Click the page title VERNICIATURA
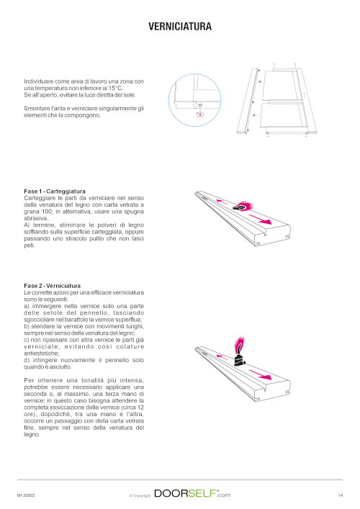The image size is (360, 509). point(180,27)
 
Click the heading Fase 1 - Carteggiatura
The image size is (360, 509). point(55,192)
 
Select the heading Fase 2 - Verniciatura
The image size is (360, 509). point(53,286)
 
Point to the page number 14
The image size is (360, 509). point(340,495)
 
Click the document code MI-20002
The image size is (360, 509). point(26,495)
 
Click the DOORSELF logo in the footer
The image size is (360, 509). point(192,493)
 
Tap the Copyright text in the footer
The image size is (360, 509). point(140,496)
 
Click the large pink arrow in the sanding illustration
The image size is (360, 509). point(260,219)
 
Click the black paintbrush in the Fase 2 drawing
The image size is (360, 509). point(239,357)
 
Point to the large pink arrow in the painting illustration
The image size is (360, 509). point(260,374)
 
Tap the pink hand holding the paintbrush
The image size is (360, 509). point(239,343)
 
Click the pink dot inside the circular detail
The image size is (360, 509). point(200,114)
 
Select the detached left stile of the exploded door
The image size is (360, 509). point(248,101)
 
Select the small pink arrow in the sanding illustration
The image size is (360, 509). point(222,202)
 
